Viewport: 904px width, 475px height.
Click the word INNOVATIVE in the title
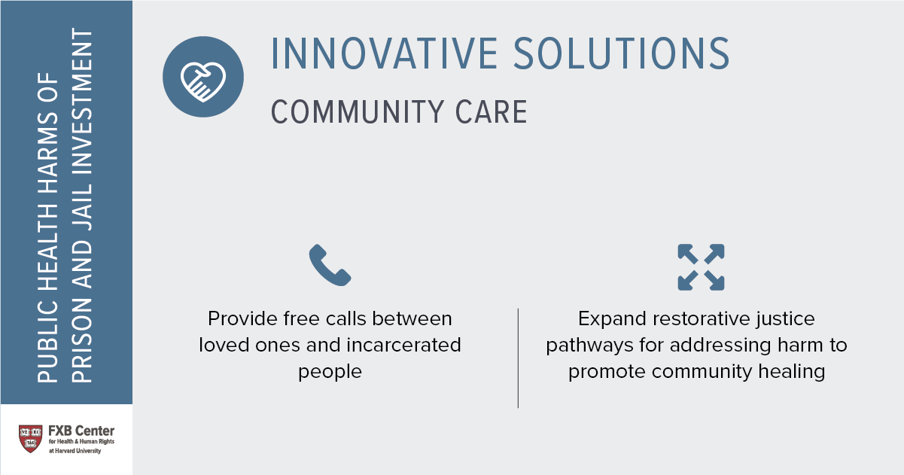[384, 53]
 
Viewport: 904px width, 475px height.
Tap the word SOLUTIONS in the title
[622, 53]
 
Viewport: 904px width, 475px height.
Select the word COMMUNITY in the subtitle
[358, 112]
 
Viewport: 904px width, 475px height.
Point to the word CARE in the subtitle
[492, 112]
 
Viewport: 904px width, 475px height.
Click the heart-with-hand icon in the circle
[203, 81]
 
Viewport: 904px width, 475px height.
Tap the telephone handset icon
[330, 265]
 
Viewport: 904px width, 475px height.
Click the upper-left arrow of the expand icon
[688, 254]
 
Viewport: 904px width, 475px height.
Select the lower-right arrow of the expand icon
[714, 281]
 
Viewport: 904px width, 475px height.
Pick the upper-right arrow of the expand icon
[714, 254]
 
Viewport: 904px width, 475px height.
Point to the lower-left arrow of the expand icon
[688, 281]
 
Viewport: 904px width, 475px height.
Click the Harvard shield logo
[31, 439]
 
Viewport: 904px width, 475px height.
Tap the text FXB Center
[81, 431]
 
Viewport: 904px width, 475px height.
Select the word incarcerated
[403, 345]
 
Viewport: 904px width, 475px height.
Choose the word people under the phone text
[330, 372]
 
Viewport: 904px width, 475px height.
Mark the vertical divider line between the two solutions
[518, 358]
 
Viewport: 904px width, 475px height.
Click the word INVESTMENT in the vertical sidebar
[82, 101]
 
